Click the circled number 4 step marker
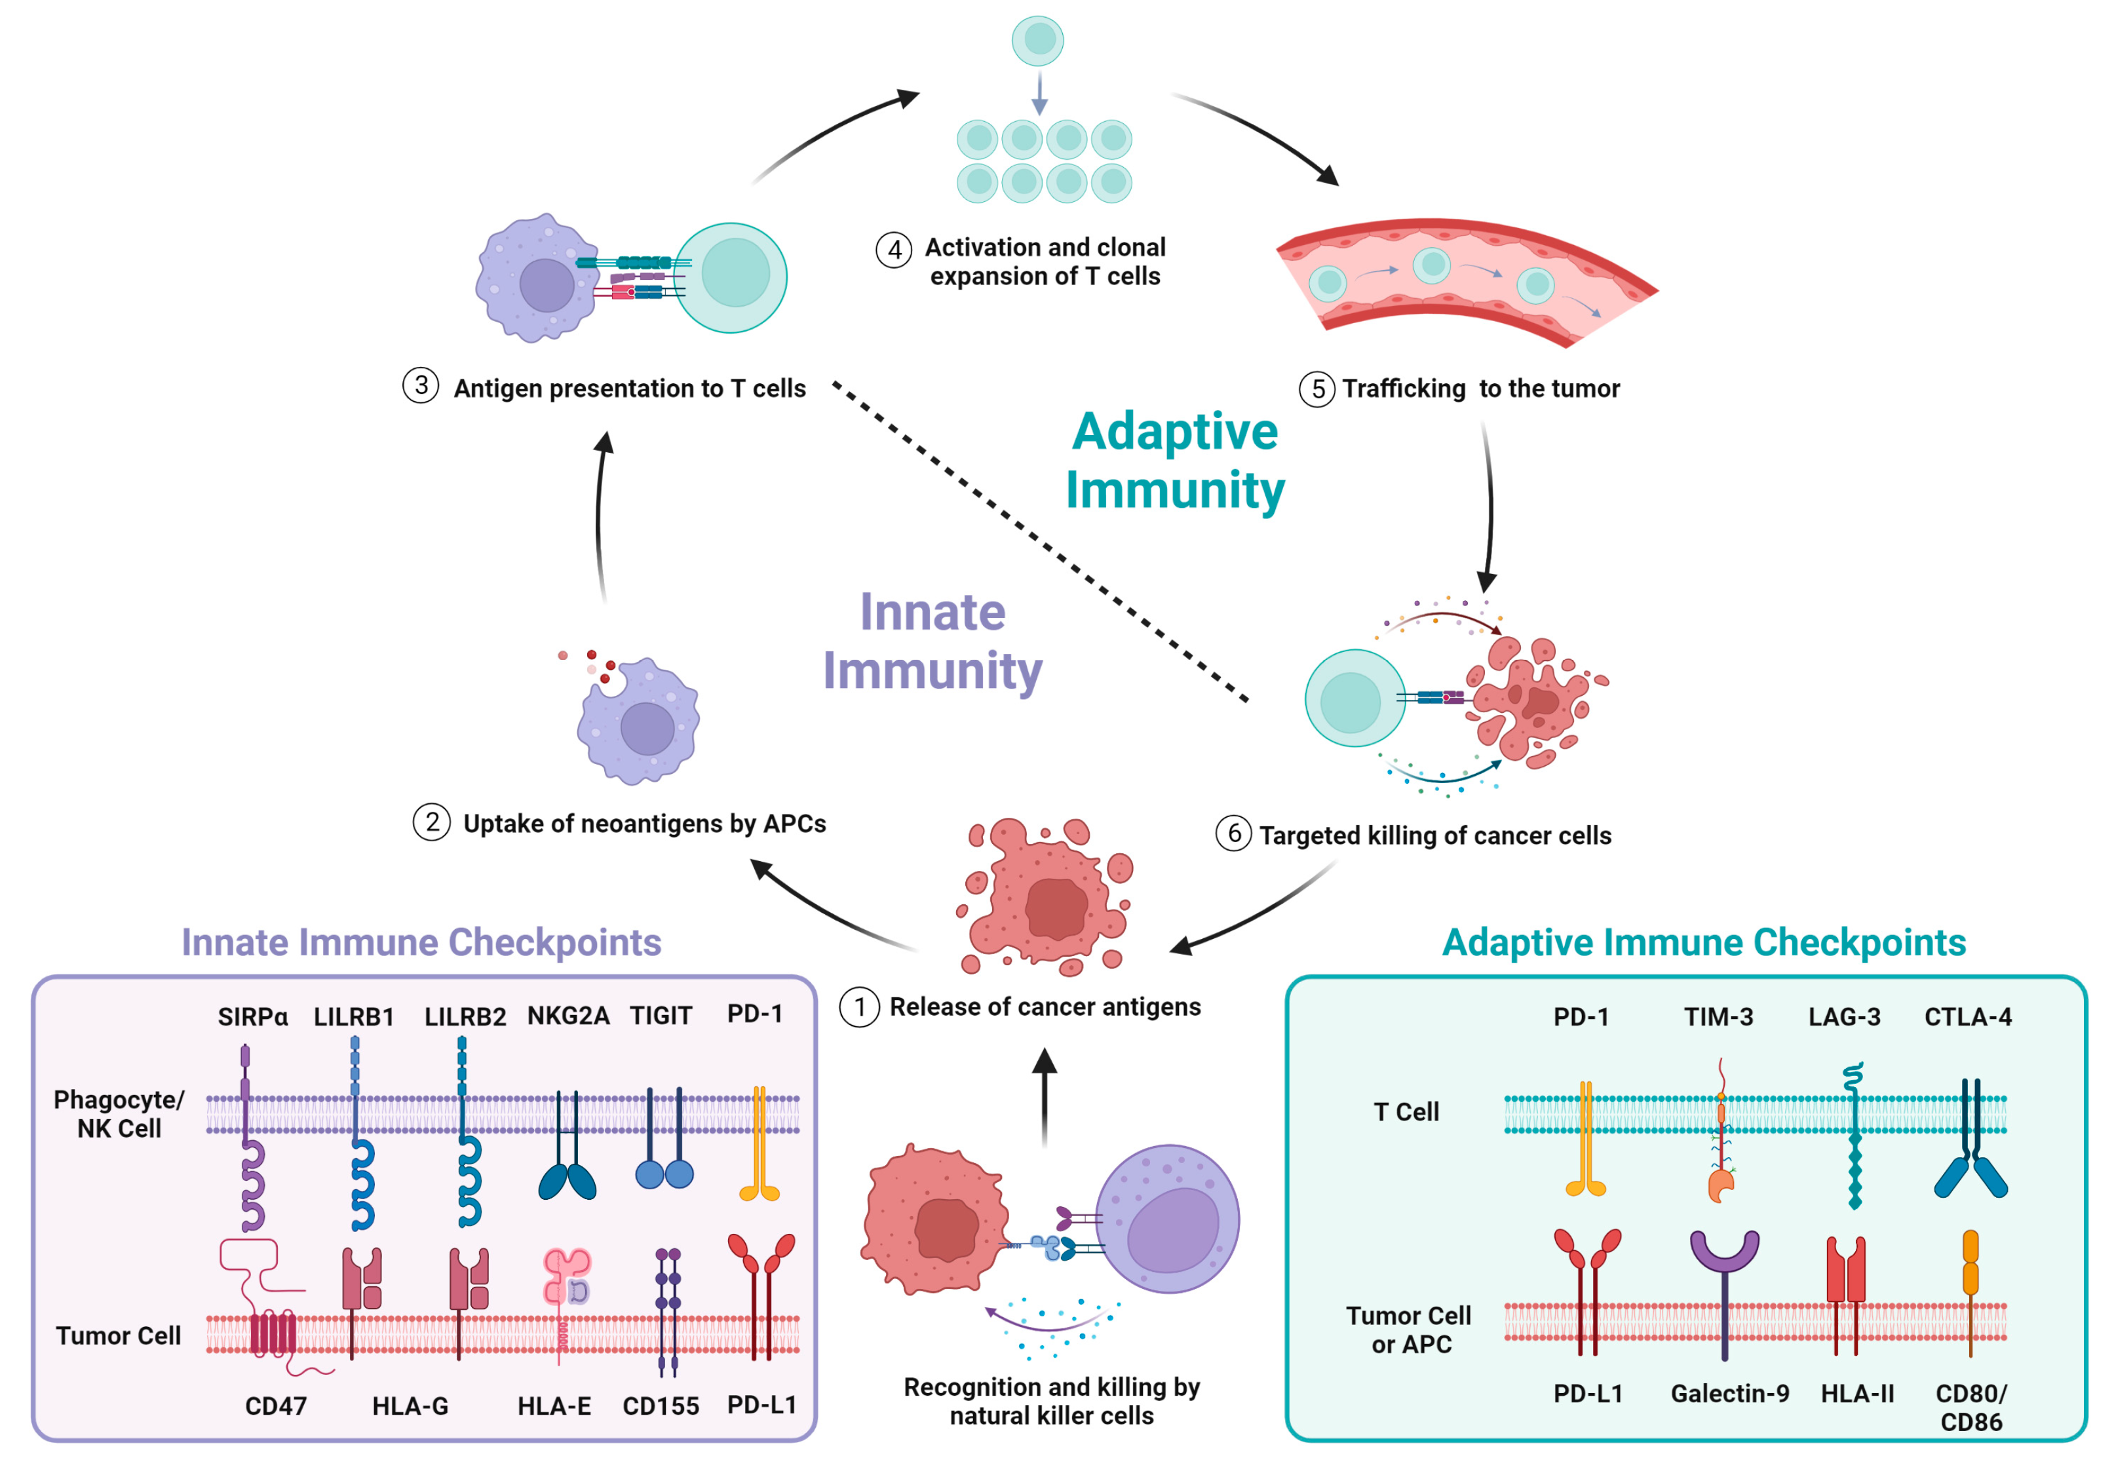(x=893, y=250)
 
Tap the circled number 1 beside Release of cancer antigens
(x=859, y=1007)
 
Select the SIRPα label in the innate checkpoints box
(x=252, y=1016)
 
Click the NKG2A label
(x=568, y=1016)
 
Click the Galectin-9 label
(x=1730, y=1393)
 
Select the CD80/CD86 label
(x=1970, y=1408)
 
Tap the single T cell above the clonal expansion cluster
(x=1037, y=41)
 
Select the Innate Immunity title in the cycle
(x=932, y=641)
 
